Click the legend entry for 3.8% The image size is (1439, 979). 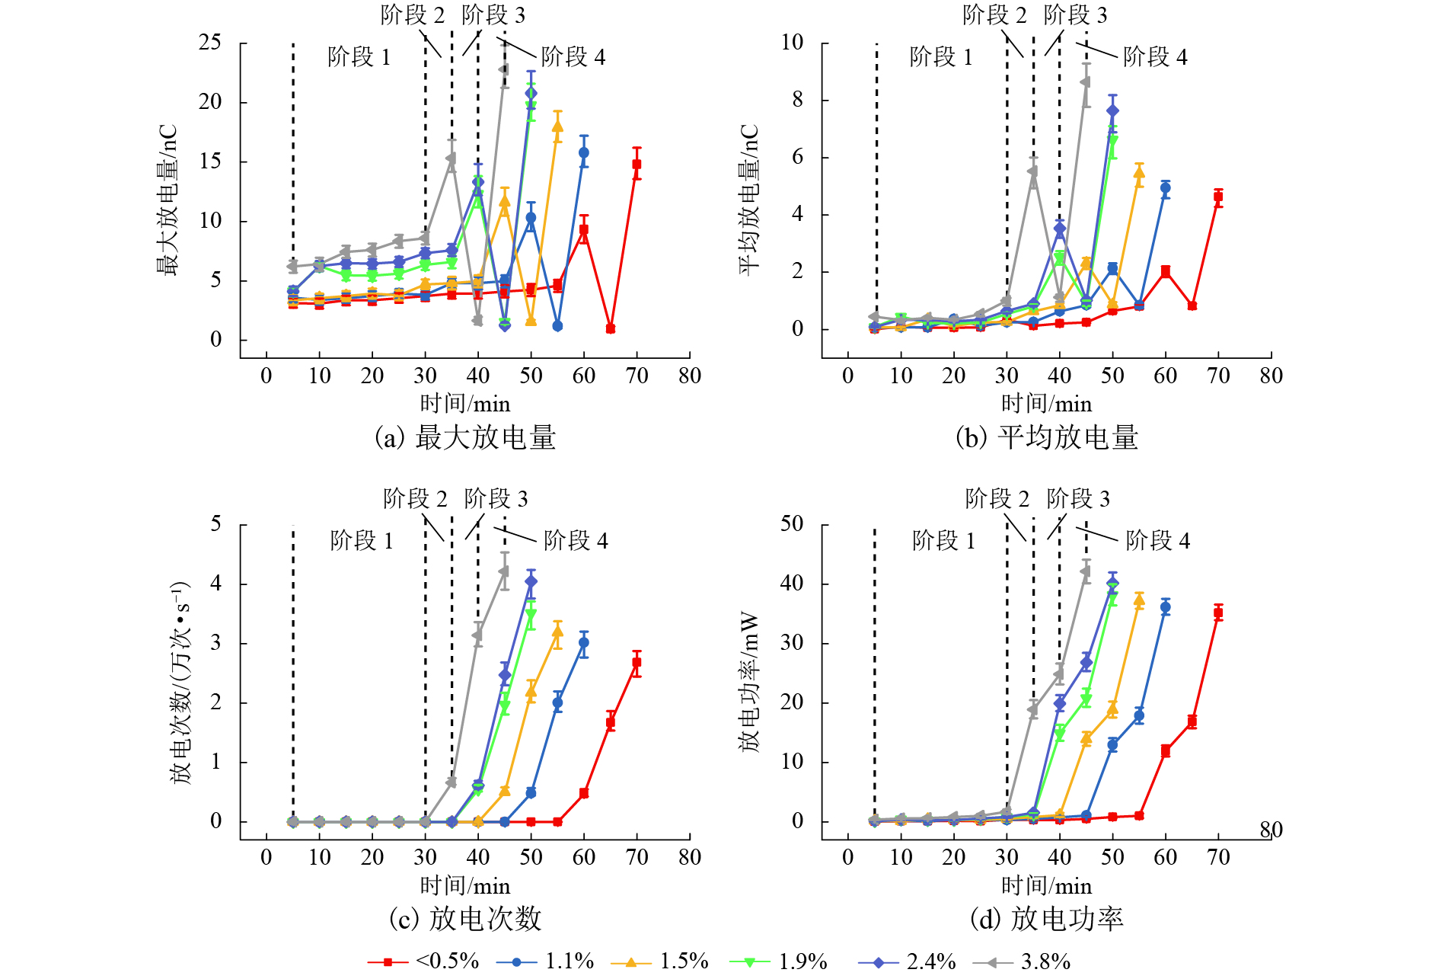pyautogui.click(x=1022, y=961)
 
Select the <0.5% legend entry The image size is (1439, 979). pyautogui.click(x=423, y=961)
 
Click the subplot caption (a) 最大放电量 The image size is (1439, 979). pyautogui.click(x=465, y=437)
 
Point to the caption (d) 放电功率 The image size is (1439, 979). pyautogui.click(x=1046, y=919)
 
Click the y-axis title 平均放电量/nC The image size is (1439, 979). pyautogui.click(x=749, y=200)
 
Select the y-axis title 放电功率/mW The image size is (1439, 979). pyautogui.click(x=749, y=681)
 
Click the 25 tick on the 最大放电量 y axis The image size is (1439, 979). pyautogui.click(x=210, y=43)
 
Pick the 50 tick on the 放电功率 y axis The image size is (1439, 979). pyautogui.click(x=792, y=524)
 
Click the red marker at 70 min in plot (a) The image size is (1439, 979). pyautogui.click(x=637, y=164)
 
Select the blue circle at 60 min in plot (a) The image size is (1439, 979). pyautogui.click(x=584, y=152)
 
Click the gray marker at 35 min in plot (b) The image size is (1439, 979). pyautogui.click(x=1033, y=171)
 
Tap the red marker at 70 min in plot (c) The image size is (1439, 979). pyautogui.click(x=637, y=663)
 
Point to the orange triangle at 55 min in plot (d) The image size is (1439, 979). pyautogui.click(x=1139, y=601)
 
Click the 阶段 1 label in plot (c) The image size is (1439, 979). pyautogui.click(x=362, y=541)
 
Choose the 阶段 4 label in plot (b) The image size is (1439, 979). pyautogui.click(x=1155, y=57)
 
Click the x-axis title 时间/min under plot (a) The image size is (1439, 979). pyautogui.click(x=465, y=404)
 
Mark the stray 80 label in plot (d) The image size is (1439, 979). pyautogui.click(x=1271, y=830)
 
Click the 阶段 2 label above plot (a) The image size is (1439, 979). pyautogui.click(x=413, y=14)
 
